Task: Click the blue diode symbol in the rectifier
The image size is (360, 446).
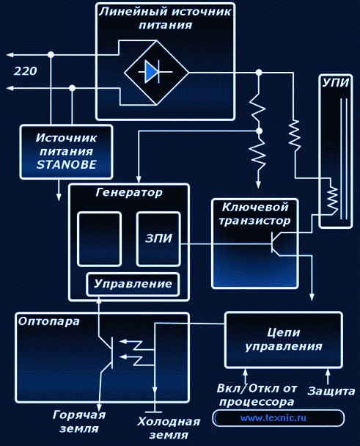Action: click(152, 71)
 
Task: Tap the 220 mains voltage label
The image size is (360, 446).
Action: click(26, 71)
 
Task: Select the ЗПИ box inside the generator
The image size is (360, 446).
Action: click(158, 239)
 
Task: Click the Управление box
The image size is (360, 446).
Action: click(133, 285)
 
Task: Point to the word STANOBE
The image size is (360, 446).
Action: click(67, 164)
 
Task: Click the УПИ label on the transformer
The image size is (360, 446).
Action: click(336, 83)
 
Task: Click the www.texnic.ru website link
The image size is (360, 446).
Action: click(273, 418)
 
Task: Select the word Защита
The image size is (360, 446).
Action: click(331, 392)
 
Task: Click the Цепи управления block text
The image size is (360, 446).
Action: click(284, 340)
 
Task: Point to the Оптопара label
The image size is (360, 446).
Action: click(48, 322)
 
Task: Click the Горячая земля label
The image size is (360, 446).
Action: click(79, 422)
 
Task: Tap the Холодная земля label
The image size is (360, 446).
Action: click(169, 428)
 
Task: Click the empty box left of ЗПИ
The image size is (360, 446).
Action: click(99, 239)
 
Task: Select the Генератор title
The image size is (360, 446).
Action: click(129, 193)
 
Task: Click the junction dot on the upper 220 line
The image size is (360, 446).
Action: click(51, 54)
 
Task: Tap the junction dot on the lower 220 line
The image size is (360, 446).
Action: click(73, 88)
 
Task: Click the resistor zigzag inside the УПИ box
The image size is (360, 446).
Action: click(332, 199)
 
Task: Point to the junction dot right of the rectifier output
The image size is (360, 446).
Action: click(259, 73)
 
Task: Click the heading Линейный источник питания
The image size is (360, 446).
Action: click(165, 18)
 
